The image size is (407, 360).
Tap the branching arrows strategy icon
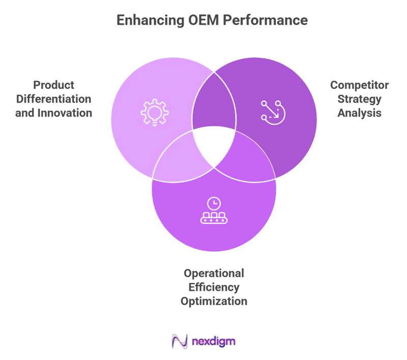[272, 110]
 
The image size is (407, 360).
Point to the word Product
[53, 84]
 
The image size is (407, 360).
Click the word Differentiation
[53, 99]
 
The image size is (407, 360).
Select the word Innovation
[64, 112]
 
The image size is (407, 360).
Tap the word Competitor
[359, 84]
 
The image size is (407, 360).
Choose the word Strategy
[359, 99]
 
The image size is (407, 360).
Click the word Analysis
[359, 112]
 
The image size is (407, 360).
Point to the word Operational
[214, 273]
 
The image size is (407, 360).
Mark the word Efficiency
[214, 287]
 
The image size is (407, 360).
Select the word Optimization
[214, 301]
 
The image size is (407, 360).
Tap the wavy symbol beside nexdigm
[180, 340]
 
